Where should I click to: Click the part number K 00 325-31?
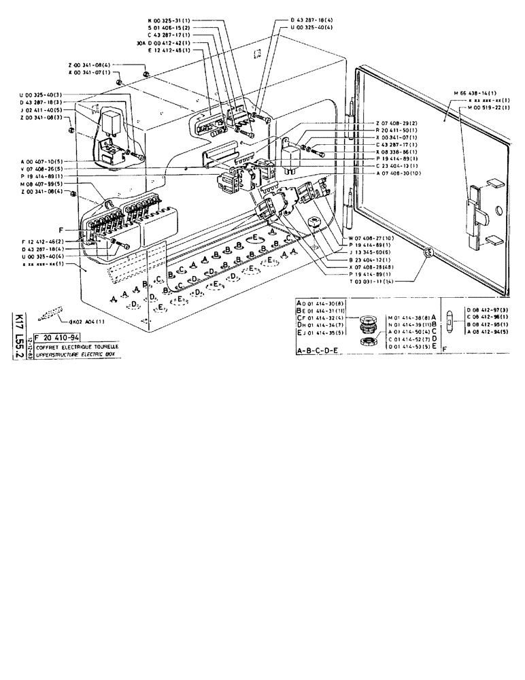tap(166, 20)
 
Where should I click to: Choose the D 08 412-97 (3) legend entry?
tap(485, 310)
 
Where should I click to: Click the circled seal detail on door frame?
tap(428, 254)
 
